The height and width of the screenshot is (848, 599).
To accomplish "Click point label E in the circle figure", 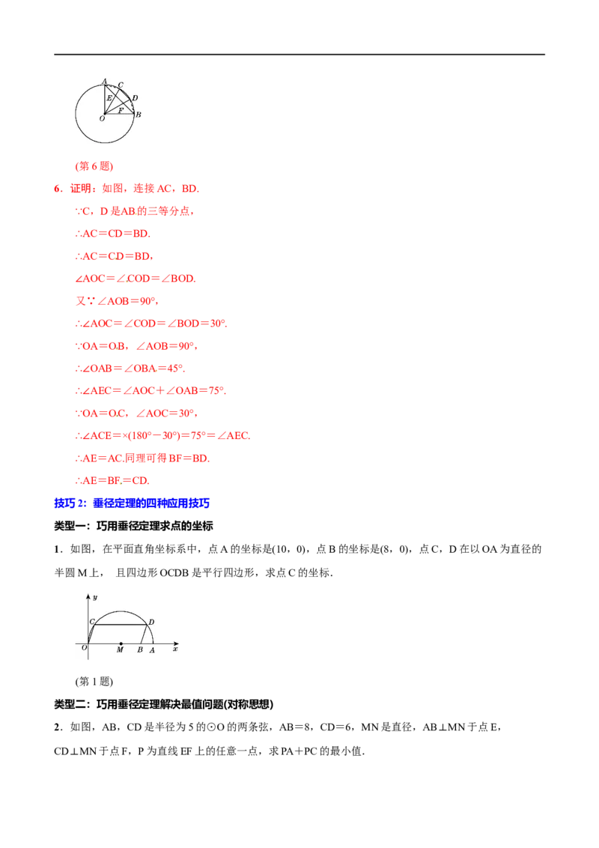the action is coord(109,98).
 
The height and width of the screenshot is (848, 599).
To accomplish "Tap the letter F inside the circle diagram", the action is coord(121,110).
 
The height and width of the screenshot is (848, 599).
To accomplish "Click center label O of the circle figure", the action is coord(102,118).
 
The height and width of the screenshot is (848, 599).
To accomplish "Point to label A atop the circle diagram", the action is coord(104,82).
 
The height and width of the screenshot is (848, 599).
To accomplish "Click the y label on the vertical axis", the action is coord(95,598).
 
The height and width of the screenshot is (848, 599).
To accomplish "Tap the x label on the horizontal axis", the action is coord(174,649).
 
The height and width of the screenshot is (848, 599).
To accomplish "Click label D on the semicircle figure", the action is coord(151,622).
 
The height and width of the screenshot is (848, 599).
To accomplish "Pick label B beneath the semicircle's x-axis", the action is coord(140,649).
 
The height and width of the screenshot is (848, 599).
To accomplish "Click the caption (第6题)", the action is coord(94,166).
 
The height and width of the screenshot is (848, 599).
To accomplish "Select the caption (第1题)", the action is coord(94,682).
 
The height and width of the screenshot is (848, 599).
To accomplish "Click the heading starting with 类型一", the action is coord(133,526).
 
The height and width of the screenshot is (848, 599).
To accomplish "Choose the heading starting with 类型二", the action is coord(164,704).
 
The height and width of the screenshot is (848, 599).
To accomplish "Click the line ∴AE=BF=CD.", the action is coord(112,480).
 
